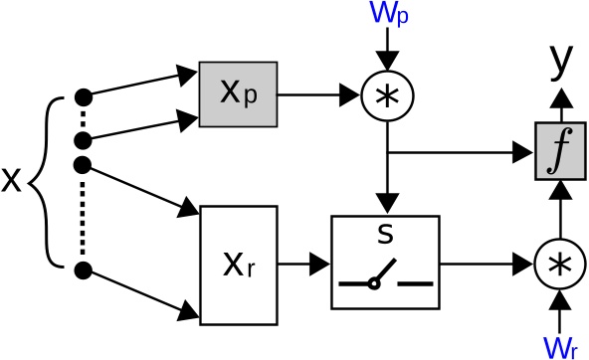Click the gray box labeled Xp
[x=237, y=94]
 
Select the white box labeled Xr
[x=238, y=265]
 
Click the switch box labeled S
[x=384, y=262]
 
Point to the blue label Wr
[x=561, y=346]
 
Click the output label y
[x=562, y=61]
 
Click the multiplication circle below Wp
[x=385, y=95]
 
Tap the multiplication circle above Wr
[x=561, y=265]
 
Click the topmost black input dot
[x=84, y=97]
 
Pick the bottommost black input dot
[x=84, y=270]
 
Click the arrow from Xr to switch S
[x=302, y=265]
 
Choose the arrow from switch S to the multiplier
[x=488, y=265]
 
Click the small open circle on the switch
[x=373, y=283]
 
